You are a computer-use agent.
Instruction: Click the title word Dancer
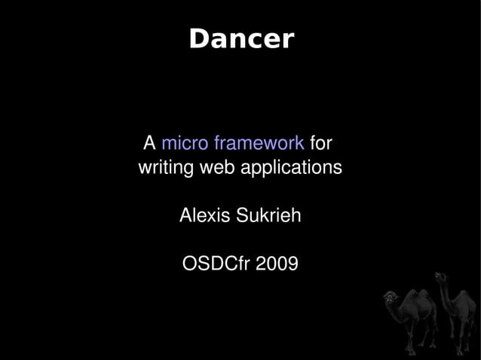(240, 39)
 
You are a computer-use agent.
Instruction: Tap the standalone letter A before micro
(149, 142)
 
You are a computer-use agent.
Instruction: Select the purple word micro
(185, 142)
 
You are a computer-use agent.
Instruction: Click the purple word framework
(259, 143)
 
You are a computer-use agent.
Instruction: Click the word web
(218, 166)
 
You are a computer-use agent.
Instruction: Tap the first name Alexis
(205, 216)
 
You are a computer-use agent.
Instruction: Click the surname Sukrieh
(268, 216)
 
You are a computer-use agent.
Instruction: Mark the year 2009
(276, 265)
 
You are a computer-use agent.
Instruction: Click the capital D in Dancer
(198, 39)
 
